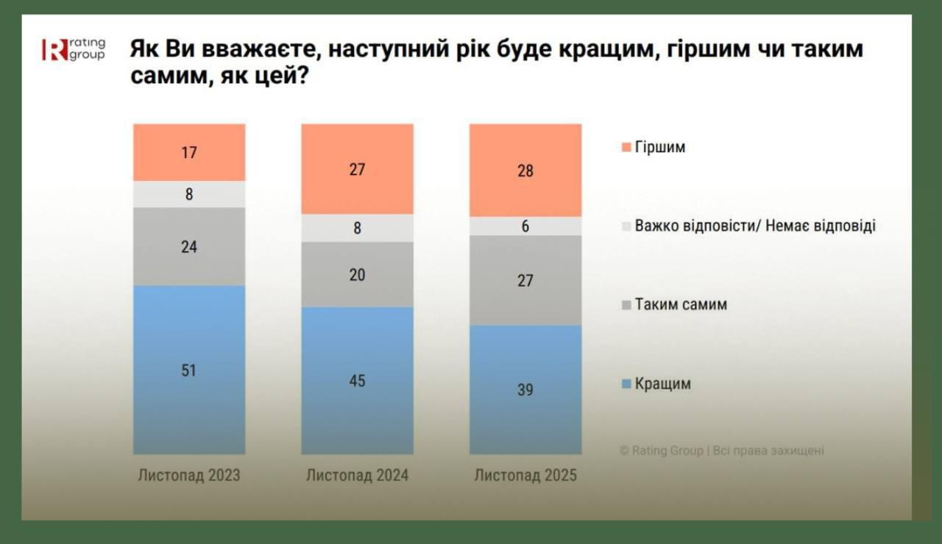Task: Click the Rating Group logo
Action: tap(73, 49)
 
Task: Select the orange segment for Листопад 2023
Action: tap(189, 152)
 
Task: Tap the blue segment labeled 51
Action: tap(189, 370)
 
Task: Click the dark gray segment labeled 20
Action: tap(358, 274)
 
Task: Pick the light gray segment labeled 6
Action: tap(525, 226)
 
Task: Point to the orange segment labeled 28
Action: tap(525, 171)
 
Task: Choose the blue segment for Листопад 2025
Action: tap(525, 390)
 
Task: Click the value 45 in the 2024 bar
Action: tap(358, 381)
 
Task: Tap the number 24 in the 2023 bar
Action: tap(189, 247)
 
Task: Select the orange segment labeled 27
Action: tap(358, 169)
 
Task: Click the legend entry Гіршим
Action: tap(659, 147)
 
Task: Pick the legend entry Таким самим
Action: tap(680, 304)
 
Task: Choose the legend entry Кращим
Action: tap(662, 384)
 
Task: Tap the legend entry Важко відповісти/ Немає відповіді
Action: tap(754, 226)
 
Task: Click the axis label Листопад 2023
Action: tap(189, 476)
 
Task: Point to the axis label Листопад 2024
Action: tap(358, 476)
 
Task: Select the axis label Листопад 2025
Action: tap(525, 476)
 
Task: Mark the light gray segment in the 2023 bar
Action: tap(189, 195)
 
